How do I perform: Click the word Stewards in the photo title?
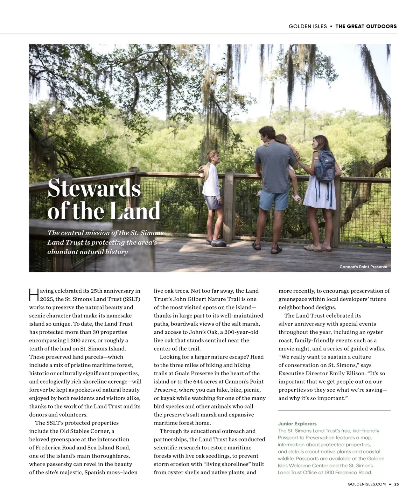coord(94,188)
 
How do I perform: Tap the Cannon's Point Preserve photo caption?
coord(363,267)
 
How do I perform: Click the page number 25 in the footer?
coord(397,484)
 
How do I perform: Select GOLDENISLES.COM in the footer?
coord(367,484)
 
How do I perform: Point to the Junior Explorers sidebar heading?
coord(297,424)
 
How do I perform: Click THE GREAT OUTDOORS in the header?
coord(366,26)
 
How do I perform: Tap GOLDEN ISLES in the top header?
coord(308,26)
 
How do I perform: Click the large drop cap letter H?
coord(34,295)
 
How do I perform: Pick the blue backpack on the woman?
coord(324,164)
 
